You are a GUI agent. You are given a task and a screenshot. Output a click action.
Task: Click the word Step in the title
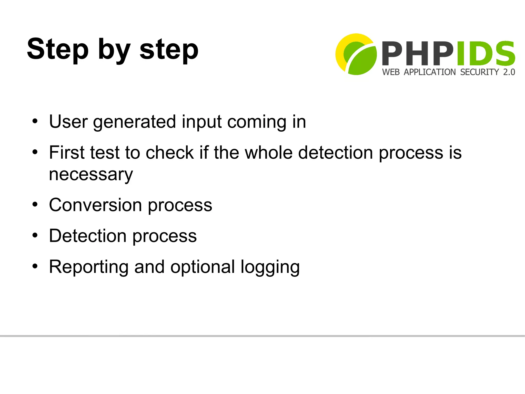pos(58,49)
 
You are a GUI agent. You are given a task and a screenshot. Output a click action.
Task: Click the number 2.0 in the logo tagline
pos(509,72)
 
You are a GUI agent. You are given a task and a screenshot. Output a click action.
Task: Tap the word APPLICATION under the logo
pos(430,72)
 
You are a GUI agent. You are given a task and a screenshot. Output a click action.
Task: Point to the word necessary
pos(91,175)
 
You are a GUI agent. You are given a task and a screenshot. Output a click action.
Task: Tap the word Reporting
pos(89,267)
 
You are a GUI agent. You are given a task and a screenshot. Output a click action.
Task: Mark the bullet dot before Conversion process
pos(35,205)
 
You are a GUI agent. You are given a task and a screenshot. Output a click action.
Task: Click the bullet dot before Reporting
pos(35,266)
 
